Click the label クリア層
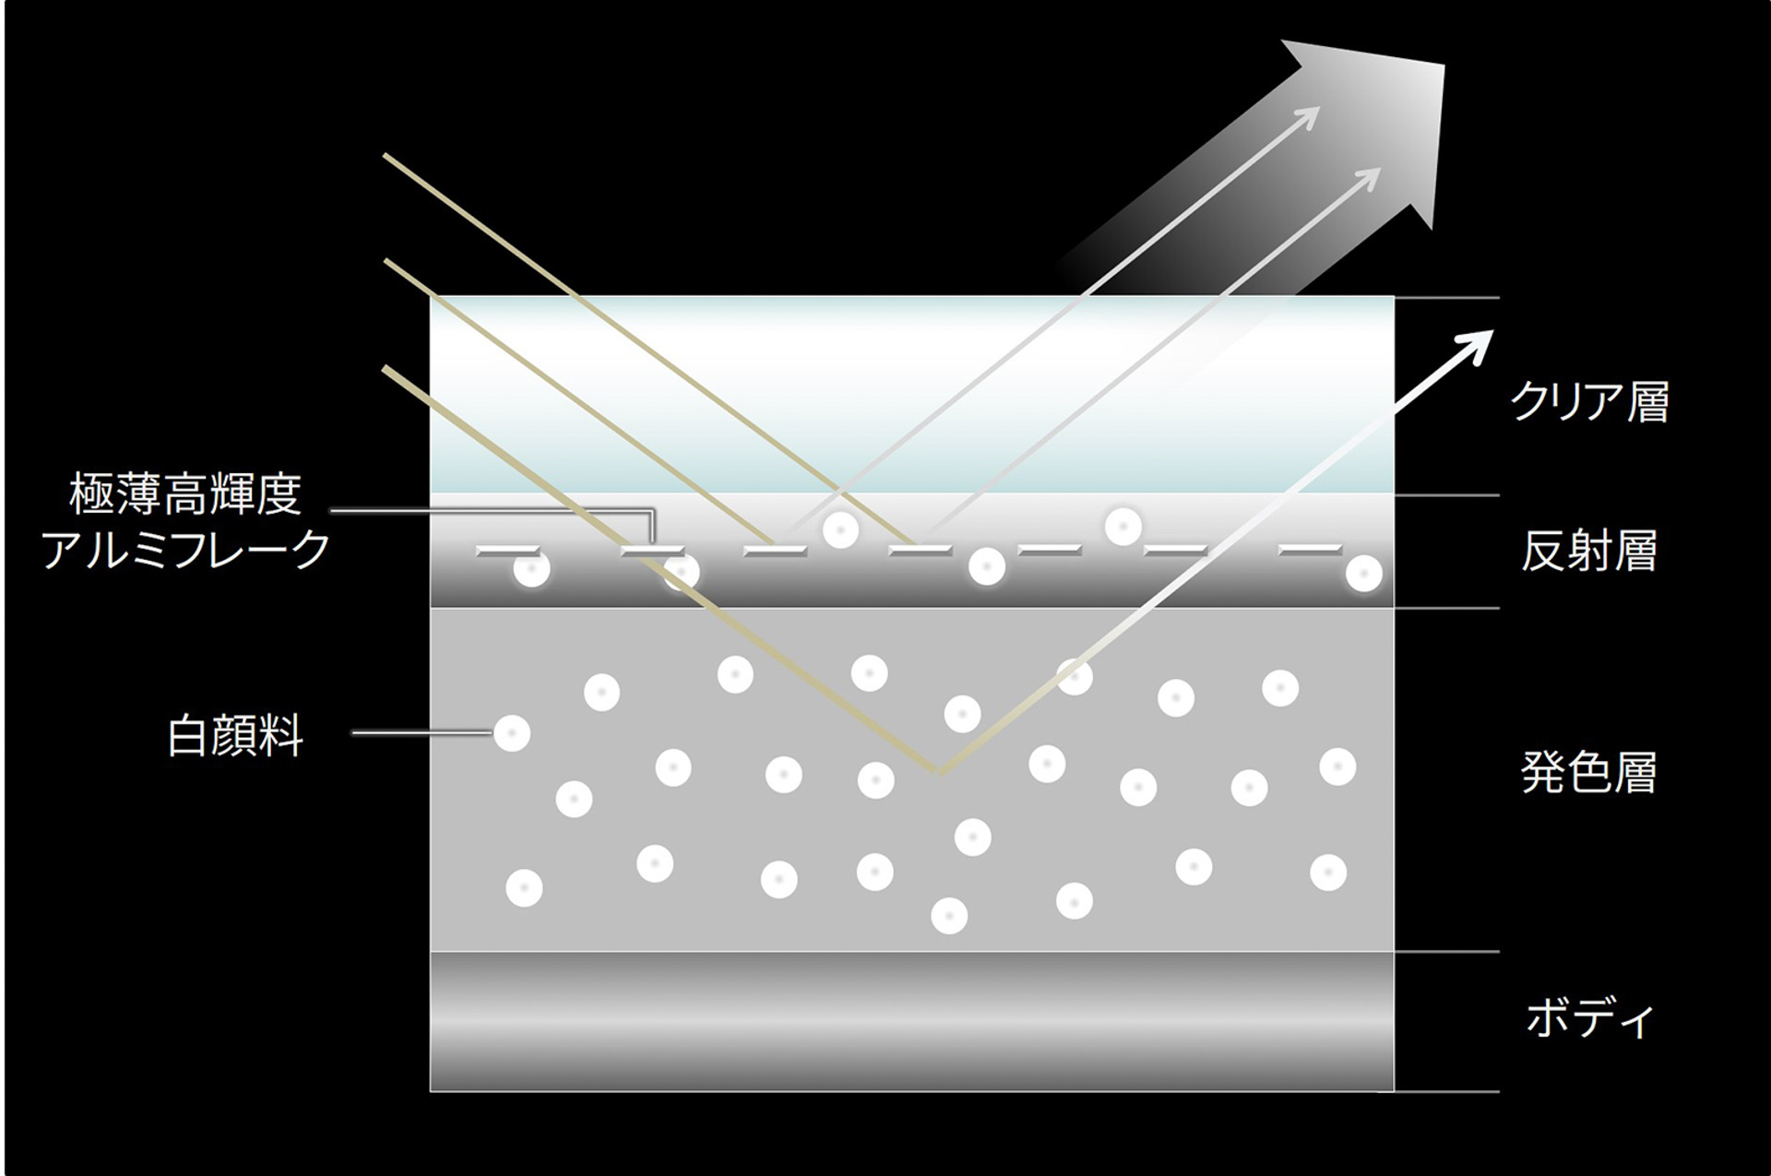[1589, 402]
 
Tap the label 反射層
[1589, 551]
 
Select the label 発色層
[1589, 772]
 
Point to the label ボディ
[1589, 1018]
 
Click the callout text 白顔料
[235, 736]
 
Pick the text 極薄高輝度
[185, 494]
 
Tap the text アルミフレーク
[185, 550]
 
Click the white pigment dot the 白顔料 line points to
[512, 733]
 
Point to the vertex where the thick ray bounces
[940, 771]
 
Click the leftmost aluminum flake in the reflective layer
[507, 551]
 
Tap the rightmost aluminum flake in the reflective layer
[1311, 549]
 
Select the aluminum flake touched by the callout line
[652, 551]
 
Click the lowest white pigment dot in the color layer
[949, 916]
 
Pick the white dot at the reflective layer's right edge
[1363, 574]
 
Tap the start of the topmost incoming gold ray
[385, 155]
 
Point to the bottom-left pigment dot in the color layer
[524, 888]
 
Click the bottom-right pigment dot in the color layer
[1328, 872]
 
